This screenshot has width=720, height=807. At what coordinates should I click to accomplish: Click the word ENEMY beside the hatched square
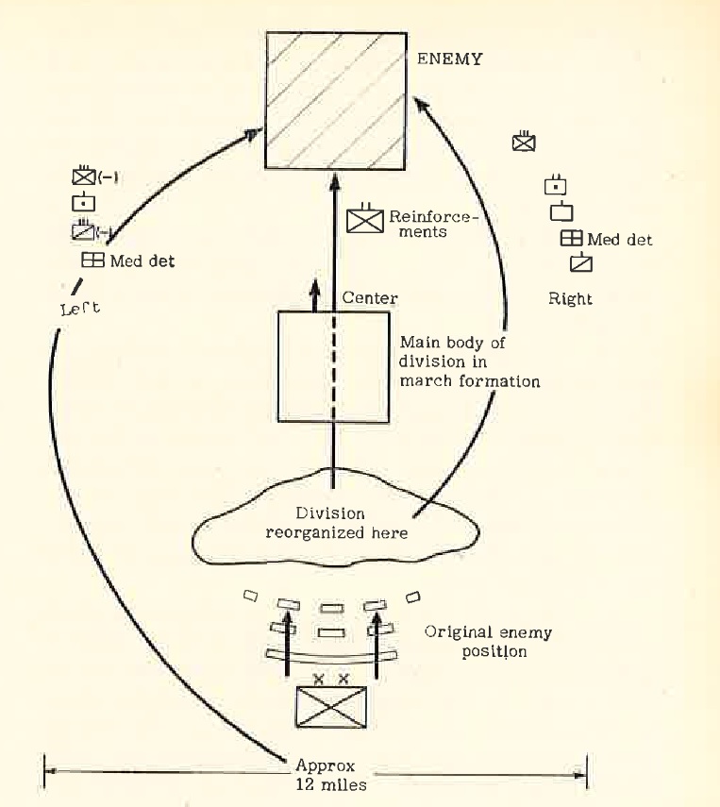pyautogui.click(x=450, y=59)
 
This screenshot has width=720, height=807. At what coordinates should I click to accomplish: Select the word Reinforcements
pyautogui.click(x=434, y=223)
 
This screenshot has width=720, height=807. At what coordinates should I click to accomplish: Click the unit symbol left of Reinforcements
pyautogui.click(x=363, y=220)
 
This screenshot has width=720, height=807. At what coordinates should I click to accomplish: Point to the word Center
pyautogui.click(x=370, y=298)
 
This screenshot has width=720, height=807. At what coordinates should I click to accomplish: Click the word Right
pyautogui.click(x=570, y=299)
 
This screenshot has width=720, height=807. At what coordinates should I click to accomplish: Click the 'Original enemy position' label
pyautogui.click(x=489, y=642)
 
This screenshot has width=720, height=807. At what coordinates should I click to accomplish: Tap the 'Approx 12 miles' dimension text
pyautogui.click(x=325, y=775)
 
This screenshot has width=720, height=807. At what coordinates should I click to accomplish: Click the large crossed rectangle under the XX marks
pyautogui.click(x=332, y=706)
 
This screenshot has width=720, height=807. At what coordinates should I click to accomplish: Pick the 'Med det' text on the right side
pyautogui.click(x=619, y=240)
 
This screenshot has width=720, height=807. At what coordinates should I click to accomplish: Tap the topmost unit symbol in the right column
pyautogui.click(x=524, y=143)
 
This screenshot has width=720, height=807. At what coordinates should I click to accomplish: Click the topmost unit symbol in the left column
pyautogui.click(x=84, y=176)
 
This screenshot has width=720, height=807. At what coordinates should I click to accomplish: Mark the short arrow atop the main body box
pyautogui.click(x=315, y=294)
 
